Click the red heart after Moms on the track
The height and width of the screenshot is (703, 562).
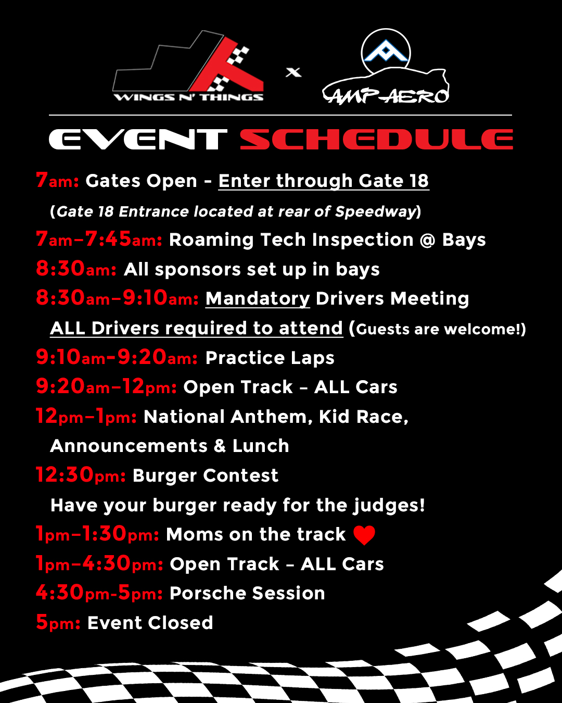[x=364, y=535]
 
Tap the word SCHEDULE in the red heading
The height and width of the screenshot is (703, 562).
[x=376, y=140]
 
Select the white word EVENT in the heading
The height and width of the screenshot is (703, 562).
[x=137, y=140]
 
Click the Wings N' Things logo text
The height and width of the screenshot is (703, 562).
[x=189, y=97]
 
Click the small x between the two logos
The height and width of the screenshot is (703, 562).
[x=293, y=72]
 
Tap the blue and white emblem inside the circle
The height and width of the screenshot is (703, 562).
[x=386, y=51]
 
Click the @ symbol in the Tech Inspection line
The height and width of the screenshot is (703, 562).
[x=427, y=240]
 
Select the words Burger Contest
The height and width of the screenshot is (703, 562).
[x=206, y=475]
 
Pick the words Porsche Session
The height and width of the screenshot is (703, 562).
[x=247, y=593]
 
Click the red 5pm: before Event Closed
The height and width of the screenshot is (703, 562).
[x=58, y=622]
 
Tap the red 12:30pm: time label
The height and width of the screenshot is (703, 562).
[x=81, y=475]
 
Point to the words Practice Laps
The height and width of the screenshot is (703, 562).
[x=270, y=358]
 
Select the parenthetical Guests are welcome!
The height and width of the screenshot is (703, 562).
[x=438, y=329]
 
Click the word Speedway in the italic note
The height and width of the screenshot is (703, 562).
[x=375, y=212]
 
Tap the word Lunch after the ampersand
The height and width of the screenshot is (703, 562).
[x=261, y=446]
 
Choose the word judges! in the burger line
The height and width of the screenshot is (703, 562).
[x=389, y=506]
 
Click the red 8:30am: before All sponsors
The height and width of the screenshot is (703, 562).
[x=76, y=269]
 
